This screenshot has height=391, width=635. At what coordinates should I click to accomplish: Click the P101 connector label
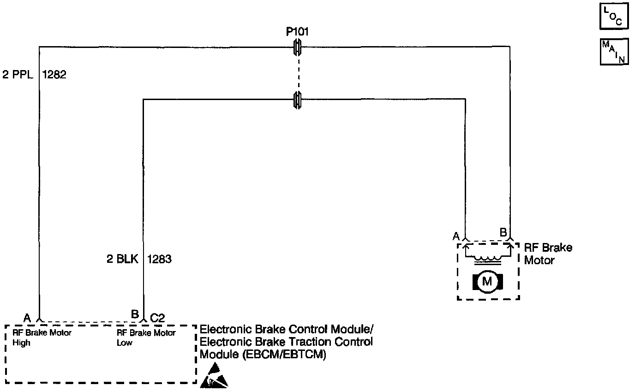point(298,32)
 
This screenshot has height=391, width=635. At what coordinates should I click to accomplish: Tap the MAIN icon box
point(614,52)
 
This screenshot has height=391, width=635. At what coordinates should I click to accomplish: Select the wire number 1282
point(54,75)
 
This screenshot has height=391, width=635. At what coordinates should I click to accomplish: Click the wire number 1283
point(159,259)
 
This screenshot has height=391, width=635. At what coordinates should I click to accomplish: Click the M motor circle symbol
point(487,281)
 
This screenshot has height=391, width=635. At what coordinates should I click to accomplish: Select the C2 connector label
point(157,317)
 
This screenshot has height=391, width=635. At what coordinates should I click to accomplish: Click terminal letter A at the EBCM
point(27,317)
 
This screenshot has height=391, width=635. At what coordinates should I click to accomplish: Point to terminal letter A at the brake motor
point(456,236)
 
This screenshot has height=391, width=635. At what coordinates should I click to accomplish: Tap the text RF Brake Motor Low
point(146,338)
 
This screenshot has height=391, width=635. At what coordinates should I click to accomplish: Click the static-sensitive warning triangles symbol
point(213,375)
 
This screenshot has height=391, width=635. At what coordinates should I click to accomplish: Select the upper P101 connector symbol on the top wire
point(298,47)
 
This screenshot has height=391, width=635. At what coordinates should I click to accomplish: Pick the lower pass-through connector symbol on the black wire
point(298,99)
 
